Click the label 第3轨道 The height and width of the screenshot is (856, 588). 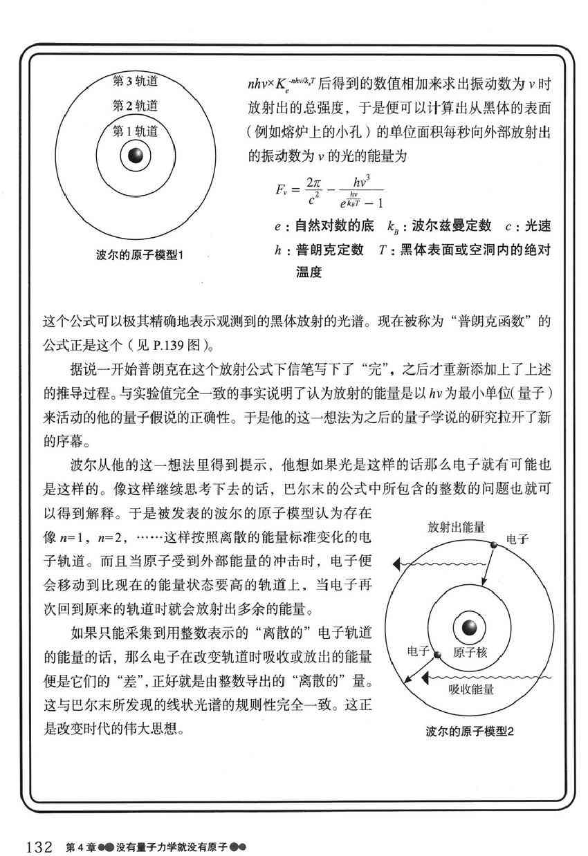135,81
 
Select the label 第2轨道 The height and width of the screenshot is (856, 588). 135,106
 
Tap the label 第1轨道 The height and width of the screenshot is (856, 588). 135,131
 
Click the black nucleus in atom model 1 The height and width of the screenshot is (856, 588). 136,157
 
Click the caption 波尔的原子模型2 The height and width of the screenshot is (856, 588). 470,732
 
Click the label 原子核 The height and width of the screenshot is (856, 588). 472,652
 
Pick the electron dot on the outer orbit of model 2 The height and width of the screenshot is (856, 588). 494,545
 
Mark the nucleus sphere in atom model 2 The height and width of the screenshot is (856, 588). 472,628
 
